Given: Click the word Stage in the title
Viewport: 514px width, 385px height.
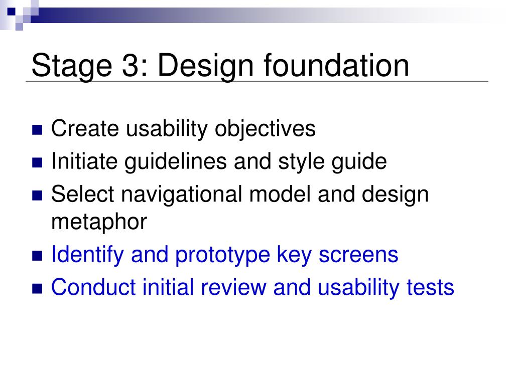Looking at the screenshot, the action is tap(72, 66).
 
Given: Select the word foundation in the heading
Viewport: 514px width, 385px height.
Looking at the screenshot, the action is tap(336, 65).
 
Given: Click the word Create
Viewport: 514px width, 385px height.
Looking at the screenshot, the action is tap(85, 128).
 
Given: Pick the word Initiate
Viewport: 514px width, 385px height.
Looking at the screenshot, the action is tap(84, 161).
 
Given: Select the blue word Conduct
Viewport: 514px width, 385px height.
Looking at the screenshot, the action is tap(93, 287).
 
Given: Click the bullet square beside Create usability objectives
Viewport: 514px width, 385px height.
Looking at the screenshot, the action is tap(37, 130).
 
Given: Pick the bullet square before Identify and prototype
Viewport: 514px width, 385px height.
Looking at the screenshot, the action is tap(37, 256).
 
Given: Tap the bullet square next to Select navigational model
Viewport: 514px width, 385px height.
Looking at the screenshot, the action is tap(37, 196).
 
